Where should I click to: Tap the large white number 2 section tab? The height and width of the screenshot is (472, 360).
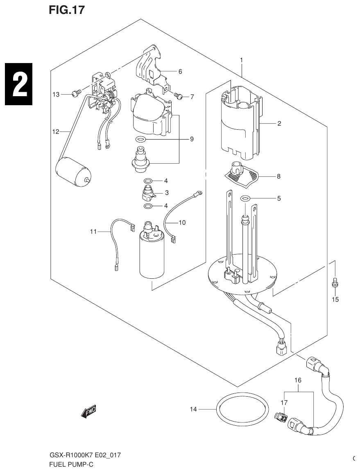pyautogui.click(x=18, y=84)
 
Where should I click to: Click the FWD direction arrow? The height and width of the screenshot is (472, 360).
pyautogui.click(x=88, y=412)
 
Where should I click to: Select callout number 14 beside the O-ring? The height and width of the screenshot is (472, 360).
pyautogui.click(x=194, y=409)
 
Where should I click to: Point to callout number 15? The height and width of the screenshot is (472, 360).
pyautogui.click(x=335, y=299)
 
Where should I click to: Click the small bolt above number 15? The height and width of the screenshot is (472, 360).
pyautogui.click(x=335, y=282)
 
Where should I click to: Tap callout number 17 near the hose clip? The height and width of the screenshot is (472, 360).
pyautogui.click(x=284, y=403)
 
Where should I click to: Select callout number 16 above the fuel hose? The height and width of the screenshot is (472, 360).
pyautogui.click(x=298, y=380)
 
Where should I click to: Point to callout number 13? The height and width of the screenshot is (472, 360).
pyautogui.click(x=56, y=95)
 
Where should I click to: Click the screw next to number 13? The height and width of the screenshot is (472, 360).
pyautogui.click(x=75, y=94)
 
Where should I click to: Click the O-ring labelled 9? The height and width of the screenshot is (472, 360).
pyautogui.click(x=140, y=139)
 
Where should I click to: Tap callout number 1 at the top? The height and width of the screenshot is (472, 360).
pyautogui.click(x=242, y=60)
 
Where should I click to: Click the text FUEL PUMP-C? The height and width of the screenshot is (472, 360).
pyautogui.click(x=72, y=465)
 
